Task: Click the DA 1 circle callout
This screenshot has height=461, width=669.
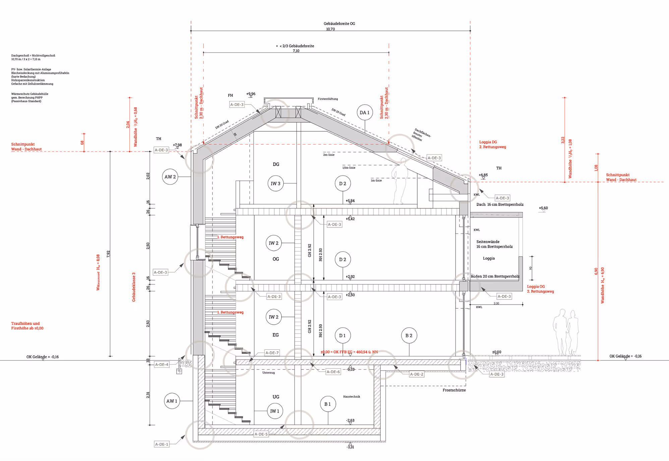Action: point(364,113)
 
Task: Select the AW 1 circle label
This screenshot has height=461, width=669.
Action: point(172,401)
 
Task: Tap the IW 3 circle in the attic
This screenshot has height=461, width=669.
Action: point(276,183)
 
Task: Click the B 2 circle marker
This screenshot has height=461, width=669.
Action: point(409,335)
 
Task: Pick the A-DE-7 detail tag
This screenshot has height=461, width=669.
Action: point(272,353)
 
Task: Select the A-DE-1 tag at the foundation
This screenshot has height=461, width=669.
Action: point(162,444)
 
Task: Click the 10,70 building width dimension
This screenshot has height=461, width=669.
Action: point(330,29)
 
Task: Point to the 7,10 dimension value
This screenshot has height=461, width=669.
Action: point(296,51)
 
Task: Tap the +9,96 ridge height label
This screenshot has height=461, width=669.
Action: point(251,94)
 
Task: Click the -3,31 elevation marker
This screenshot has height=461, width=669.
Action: point(350,447)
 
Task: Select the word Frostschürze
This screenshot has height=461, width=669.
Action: point(454,390)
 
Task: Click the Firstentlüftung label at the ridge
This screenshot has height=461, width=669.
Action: point(328,99)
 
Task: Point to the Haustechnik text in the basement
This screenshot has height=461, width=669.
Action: point(351,397)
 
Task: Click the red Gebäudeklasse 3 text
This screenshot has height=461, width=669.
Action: point(134,287)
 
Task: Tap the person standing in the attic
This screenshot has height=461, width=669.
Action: point(400,181)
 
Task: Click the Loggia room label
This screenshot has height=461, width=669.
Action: point(489,258)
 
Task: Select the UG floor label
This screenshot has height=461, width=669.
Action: point(276,397)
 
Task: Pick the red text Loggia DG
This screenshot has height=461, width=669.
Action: point(488,142)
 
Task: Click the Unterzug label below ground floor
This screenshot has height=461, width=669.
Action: point(268,373)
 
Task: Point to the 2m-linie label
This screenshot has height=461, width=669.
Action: point(328,155)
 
